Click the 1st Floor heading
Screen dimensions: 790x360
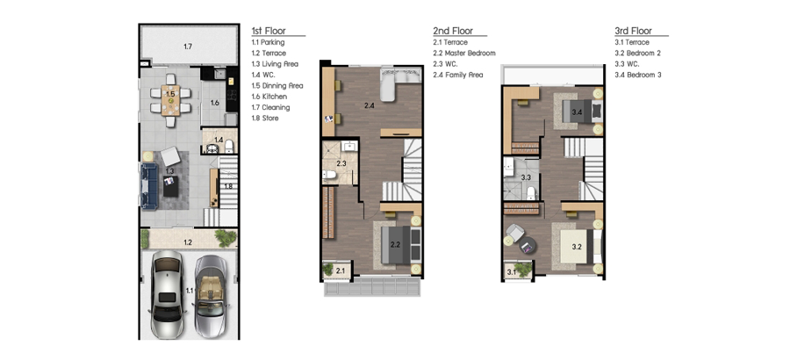tap(269, 31)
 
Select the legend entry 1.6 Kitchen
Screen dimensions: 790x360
tap(269, 97)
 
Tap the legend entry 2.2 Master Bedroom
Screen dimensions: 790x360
tap(464, 53)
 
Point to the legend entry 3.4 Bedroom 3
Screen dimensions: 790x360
tap(638, 75)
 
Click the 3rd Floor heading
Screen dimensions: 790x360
tap(633, 31)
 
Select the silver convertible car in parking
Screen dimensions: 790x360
tap(211, 296)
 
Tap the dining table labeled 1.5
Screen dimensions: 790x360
tap(171, 100)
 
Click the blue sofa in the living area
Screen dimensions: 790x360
tap(149, 185)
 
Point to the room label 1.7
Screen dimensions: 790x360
tap(188, 47)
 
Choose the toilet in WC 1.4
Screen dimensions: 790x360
tap(229, 147)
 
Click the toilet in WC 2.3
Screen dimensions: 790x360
tap(330, 175)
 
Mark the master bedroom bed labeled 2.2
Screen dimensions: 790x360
tap(400, 245)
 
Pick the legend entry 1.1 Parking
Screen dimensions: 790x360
tap(268, 42)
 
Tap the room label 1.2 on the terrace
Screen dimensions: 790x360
tap(188, 242)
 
